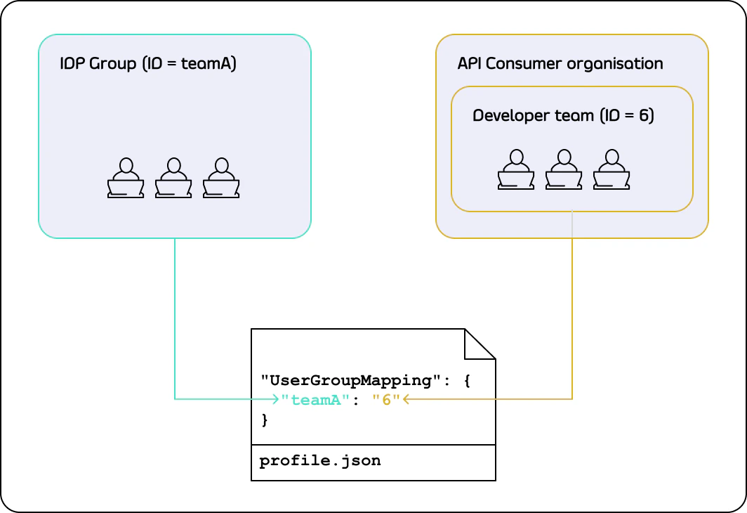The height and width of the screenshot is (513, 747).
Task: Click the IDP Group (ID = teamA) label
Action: coord(148,65)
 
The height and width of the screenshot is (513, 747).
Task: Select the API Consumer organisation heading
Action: coord(560,64)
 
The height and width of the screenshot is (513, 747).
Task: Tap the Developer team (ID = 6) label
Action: coord(563,116)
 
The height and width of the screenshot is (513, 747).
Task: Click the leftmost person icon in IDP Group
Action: coord(126,178)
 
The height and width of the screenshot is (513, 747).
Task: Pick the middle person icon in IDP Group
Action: coord(173,178)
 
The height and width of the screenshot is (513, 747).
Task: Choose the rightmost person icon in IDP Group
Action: coord(221,178)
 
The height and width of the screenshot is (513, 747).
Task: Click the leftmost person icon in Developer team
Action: coord(516,170)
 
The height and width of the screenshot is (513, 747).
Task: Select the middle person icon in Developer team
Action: coord(564,170)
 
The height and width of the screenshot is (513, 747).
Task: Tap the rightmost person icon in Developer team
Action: coord(611,170)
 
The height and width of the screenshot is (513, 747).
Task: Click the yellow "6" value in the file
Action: coord(386,400)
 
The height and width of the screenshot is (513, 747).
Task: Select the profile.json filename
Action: coord(320,462)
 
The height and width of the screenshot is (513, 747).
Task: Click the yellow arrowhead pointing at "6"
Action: coord(406,399)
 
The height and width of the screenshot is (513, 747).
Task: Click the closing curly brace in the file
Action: coord(265,420)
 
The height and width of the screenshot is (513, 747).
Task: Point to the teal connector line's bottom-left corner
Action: coord(175,399)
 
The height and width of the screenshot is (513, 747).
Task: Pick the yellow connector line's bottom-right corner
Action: coord(572,399)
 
